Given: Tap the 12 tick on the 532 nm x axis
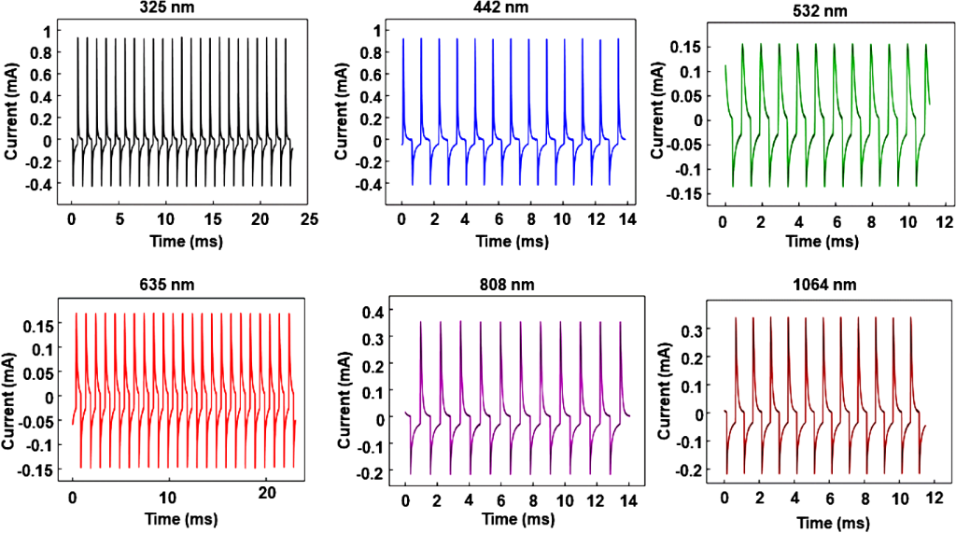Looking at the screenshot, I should pyautogui.click(x=944, y=223).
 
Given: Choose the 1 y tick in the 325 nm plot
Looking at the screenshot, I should pyautogui.click(x=57, y=31).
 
